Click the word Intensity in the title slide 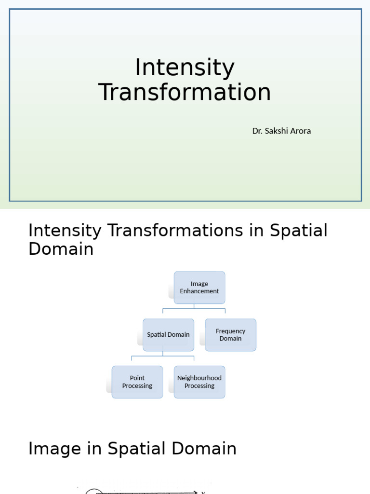(185, 68)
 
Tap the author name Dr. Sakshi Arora (281, 131)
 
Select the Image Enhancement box (199, 288)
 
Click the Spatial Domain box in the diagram (168, 334)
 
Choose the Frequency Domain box (230, 335)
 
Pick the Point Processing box (137, 382)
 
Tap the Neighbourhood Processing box (199, 382)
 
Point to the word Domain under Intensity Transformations (61, 249)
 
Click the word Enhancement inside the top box (199, 291)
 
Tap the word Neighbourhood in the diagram (199, 378)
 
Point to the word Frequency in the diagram (230, 331)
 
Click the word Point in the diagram (137, 378)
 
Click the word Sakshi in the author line (276, 131)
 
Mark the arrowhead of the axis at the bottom (195, 492)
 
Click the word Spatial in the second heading (298, 231)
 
